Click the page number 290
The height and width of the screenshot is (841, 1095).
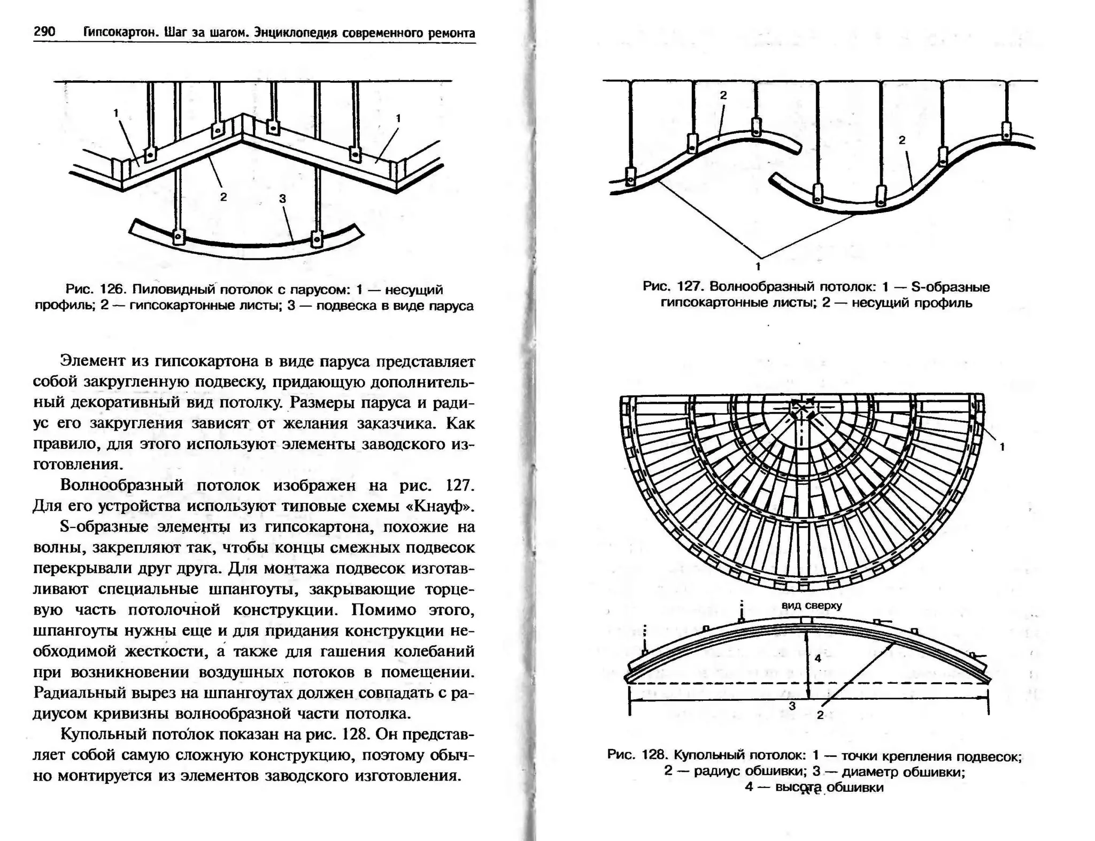pos(44,32)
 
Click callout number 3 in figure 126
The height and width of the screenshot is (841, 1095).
pos(282,198)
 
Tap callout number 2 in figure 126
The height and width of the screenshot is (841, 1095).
pos(223,197)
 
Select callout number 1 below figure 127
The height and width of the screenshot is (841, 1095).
pos(758,266)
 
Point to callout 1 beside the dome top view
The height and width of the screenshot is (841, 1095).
pos(1002,447)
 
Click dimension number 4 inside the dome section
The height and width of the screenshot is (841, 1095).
pos(818,658)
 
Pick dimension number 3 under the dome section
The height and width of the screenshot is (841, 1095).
pos(792,706)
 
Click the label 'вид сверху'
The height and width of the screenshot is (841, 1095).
pos(812,605)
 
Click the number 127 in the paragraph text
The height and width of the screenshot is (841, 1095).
pos(459,485)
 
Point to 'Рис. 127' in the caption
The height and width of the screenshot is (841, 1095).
pos(672,287)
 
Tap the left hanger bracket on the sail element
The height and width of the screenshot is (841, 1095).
pos(178,236)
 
